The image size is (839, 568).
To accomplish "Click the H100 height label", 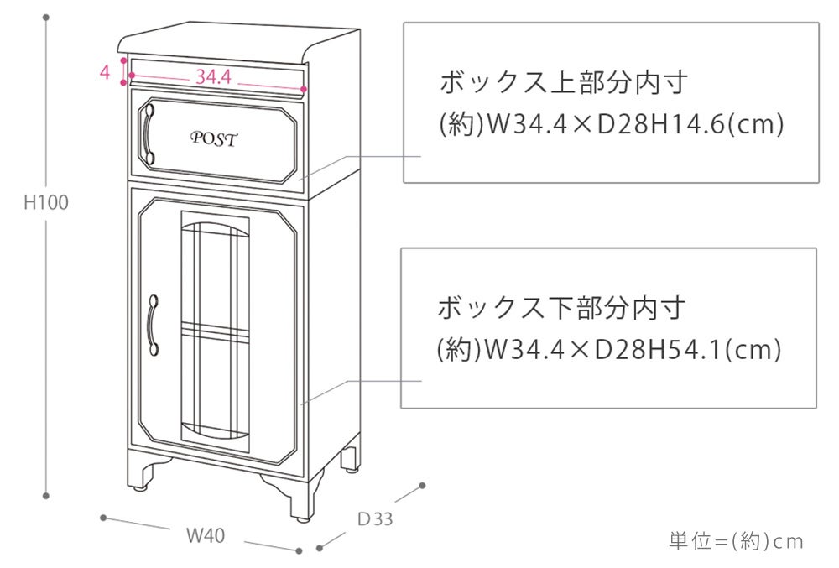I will (46, 202).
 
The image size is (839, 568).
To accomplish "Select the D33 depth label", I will (375, 518).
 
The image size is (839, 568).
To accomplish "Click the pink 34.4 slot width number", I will (213, 76).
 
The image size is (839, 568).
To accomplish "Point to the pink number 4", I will (105, 72).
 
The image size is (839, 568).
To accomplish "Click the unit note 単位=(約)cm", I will (736, 541).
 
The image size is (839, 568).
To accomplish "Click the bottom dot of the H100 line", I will (46, 494).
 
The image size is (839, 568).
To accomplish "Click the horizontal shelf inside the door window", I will (216, 333).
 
